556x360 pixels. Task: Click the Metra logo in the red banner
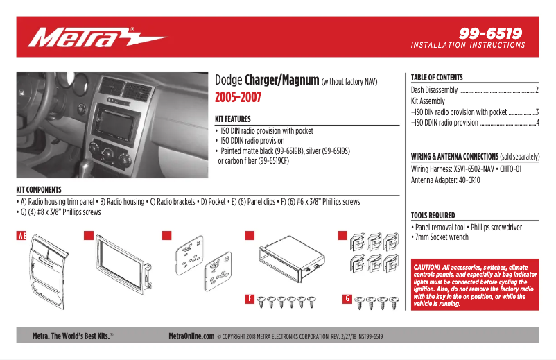tap(97, 37)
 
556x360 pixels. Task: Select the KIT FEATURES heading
tap(233, 119)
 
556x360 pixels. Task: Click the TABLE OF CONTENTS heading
tap(437, 78)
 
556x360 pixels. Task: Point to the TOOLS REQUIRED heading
tap(433, 216)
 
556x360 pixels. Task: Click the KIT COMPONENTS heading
tap(39, 189)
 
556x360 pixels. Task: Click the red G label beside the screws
tap(347, 299)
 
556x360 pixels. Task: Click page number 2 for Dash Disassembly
tap(537, 90)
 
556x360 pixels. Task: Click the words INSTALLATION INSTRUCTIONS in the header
tap(468, 45)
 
